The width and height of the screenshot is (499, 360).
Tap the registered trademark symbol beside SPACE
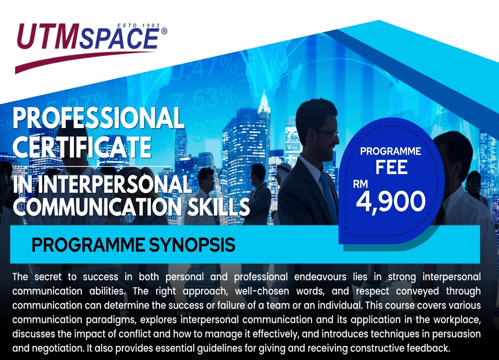164,31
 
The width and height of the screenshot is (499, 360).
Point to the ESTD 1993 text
138,25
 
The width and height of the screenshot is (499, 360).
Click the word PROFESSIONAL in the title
99,118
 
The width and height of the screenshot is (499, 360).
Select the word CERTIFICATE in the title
82,147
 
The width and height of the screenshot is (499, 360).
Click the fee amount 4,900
391,201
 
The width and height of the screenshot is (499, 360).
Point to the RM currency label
360,184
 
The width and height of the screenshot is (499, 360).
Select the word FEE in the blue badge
391,167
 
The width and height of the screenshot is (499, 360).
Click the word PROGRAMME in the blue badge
391,151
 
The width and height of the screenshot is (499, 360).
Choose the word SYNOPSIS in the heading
192,245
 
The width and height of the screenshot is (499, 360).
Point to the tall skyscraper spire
264,101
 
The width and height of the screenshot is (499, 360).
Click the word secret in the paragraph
48,277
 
